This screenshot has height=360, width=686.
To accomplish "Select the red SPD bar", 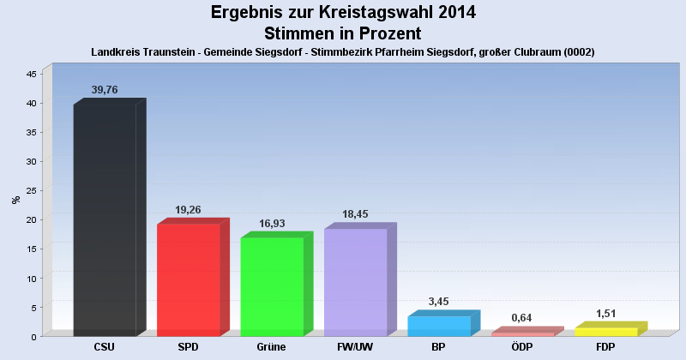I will (x=189, y=279).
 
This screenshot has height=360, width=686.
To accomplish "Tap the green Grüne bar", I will (x=272, y=286).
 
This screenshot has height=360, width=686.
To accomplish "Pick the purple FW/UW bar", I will (x=355, y=282).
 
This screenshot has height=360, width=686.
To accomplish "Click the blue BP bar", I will (x=439, y=326).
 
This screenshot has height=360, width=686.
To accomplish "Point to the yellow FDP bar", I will (x=605, y=332).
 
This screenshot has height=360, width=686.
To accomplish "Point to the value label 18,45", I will (x=355, y=213).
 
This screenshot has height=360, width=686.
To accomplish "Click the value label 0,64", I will (x=522, y=318).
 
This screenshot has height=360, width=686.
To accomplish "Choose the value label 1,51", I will (x=605, y=313).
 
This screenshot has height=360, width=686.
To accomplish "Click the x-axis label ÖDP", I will (x=522, y=347).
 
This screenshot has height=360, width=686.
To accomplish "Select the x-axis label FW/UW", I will (x=355, y=347).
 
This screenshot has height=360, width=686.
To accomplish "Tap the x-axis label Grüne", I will (x=272, y=347).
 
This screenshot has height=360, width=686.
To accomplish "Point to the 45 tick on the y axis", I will (x=31, y=74).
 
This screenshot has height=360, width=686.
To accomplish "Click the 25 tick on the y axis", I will (x=31, y=190).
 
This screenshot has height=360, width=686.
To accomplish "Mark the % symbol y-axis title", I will (x=15, y=200).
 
